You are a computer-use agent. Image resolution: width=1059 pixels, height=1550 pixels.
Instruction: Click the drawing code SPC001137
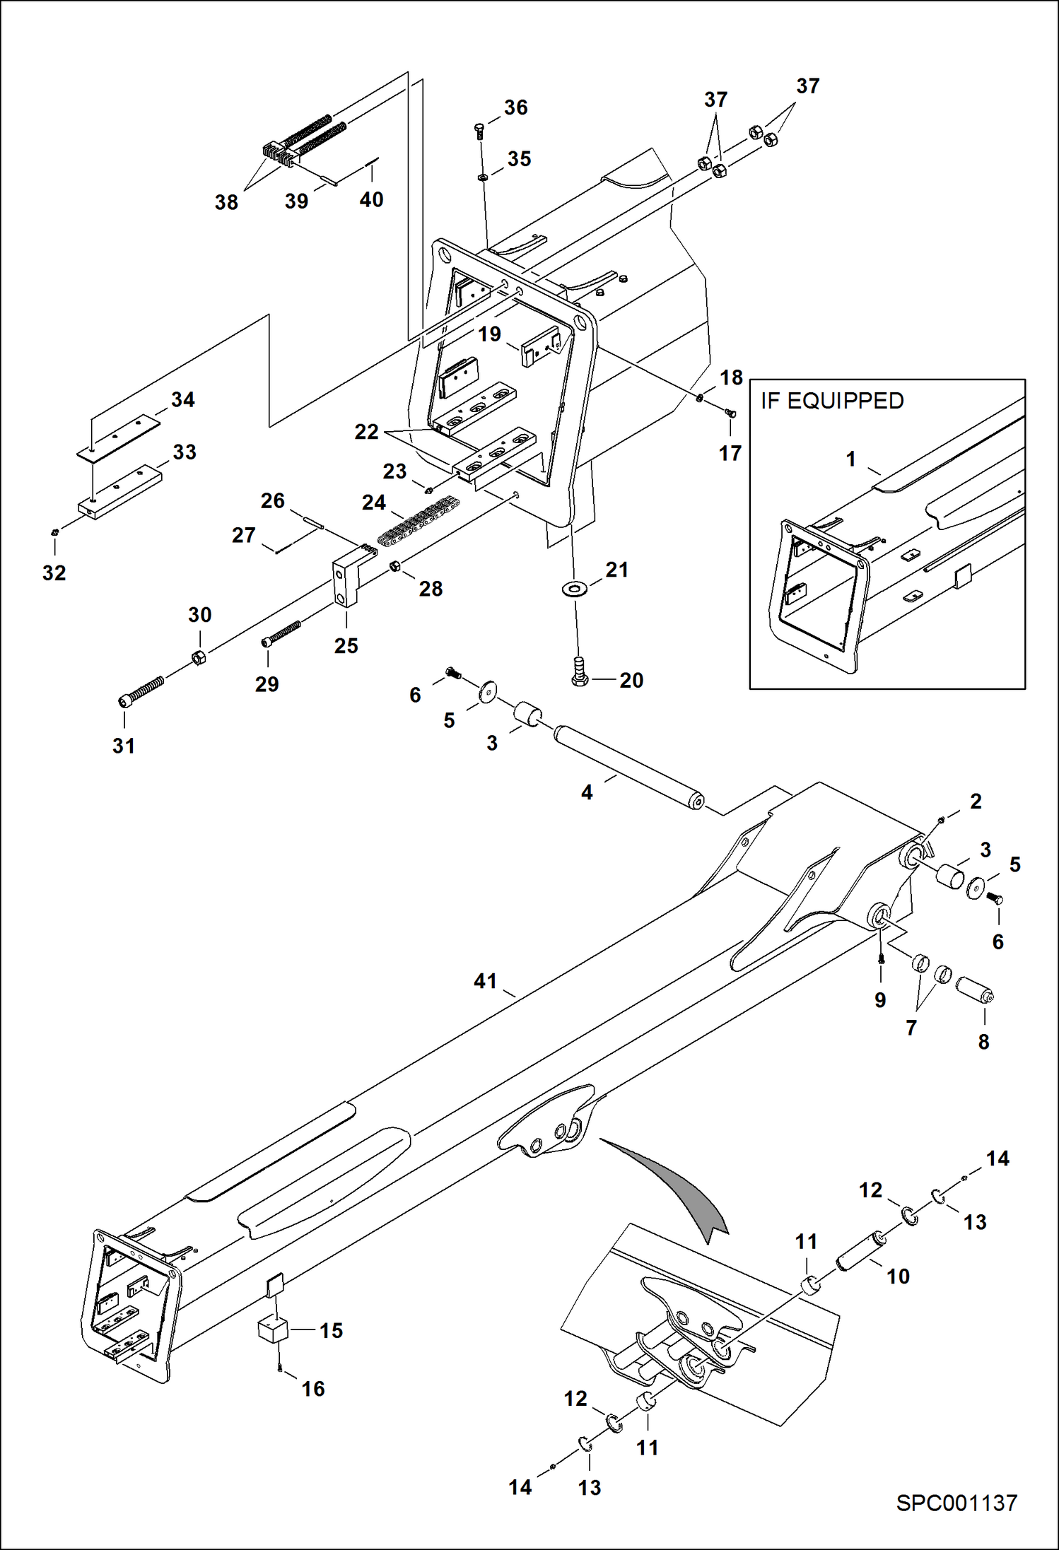[956, 1503]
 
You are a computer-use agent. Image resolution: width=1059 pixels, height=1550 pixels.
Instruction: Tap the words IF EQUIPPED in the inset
[832, 401]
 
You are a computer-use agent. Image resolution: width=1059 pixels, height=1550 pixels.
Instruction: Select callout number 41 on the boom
[485, 981]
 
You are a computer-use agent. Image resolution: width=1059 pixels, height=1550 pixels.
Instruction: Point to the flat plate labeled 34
[117, 435]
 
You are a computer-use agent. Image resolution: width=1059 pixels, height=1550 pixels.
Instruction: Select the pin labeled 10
[860, 1252]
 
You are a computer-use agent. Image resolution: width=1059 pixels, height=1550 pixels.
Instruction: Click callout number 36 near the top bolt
[515, 107]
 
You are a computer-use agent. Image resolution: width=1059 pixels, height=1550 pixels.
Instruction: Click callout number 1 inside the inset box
[850, 459]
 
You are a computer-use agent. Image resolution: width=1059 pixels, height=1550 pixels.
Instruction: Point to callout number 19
[489, 334]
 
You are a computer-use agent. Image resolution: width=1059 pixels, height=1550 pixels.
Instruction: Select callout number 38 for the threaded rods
[226, 202]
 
